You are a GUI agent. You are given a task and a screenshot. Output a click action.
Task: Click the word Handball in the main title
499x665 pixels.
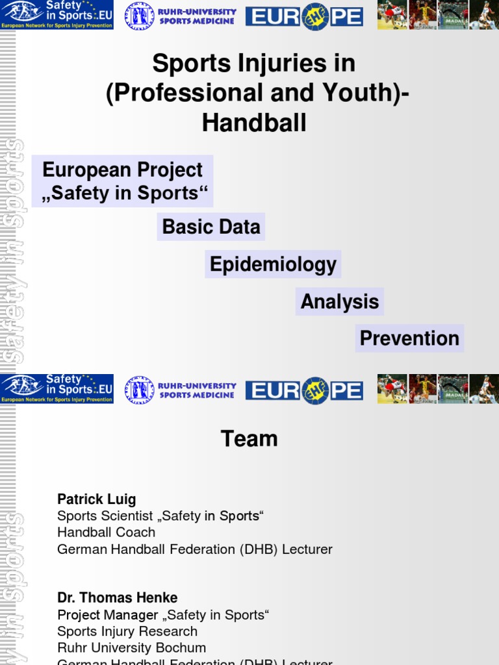pos(254,123)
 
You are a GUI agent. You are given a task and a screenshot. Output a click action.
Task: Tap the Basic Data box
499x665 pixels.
pos(211,227)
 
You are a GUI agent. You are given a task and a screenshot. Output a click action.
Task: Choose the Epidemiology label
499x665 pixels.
pos(273,264)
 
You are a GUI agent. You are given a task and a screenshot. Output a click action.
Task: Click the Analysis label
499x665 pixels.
pos(339,301)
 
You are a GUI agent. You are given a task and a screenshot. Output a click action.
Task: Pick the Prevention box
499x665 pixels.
pos(409,338)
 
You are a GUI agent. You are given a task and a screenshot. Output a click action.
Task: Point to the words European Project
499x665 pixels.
pos(122,170)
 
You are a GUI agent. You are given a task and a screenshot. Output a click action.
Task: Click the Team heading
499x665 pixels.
pos(249,439)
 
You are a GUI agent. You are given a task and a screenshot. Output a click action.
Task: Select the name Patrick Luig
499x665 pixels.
pos(96,499)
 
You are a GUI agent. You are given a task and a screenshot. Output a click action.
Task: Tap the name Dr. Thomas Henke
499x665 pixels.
pos(117,597)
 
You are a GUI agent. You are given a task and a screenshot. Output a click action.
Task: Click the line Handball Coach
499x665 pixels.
pos(106,533)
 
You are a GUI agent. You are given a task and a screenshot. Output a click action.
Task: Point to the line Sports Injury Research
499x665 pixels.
pos(127,631)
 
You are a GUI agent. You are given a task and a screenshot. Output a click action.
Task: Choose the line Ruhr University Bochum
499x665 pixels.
pos(131,648)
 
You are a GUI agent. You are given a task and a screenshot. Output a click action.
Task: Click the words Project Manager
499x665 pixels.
pos(107,615)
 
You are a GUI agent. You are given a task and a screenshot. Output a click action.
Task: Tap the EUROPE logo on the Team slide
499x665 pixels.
pos(304,390)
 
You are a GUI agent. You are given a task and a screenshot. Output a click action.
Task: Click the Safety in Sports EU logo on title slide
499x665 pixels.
pos(57,15)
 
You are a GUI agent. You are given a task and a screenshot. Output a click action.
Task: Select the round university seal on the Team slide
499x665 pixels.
pos(139,390)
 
